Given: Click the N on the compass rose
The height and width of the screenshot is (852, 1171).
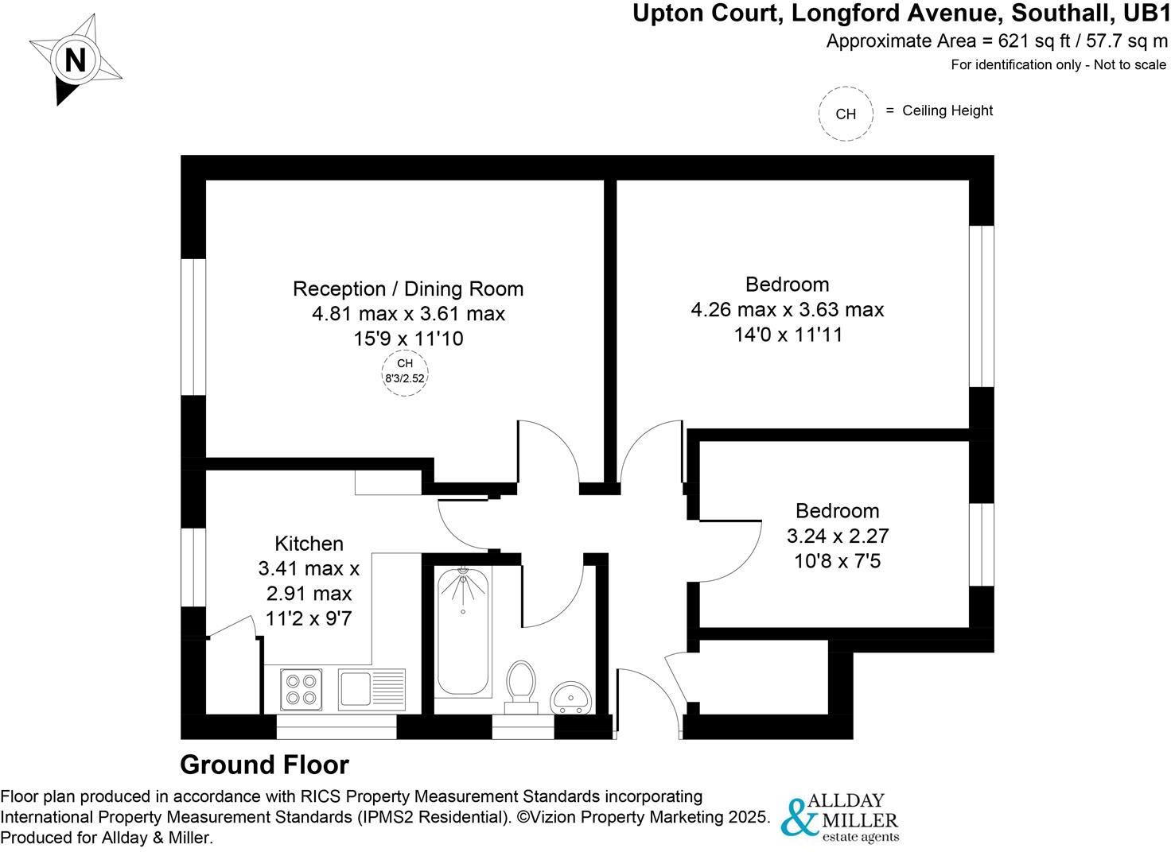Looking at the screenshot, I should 75,60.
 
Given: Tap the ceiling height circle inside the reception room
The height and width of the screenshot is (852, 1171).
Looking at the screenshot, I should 405,372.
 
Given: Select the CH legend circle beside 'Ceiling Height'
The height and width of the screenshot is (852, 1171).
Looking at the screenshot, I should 846,114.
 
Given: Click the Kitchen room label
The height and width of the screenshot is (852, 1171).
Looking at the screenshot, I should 309,544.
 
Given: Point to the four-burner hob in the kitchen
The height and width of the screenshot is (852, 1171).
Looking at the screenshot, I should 302,689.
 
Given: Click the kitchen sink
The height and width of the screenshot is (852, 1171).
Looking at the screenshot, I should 372,688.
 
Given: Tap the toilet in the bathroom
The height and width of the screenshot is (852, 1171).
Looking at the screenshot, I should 521,684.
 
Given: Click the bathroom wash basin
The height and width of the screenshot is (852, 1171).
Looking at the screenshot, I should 571,697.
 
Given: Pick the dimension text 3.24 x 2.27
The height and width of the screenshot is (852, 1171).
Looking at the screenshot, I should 837,536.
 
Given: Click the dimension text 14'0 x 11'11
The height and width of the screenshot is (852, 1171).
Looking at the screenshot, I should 788,335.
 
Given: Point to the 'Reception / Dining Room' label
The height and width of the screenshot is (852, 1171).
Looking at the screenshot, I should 408,289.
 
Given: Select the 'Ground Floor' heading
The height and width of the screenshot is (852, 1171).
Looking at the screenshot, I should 264,765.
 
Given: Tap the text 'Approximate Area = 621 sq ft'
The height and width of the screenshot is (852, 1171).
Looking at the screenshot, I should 942,41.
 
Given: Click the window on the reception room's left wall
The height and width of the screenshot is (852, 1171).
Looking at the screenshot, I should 193,327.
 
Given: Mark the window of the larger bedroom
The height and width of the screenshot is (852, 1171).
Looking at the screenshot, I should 982,307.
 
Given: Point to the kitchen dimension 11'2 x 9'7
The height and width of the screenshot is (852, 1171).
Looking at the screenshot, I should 309,618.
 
